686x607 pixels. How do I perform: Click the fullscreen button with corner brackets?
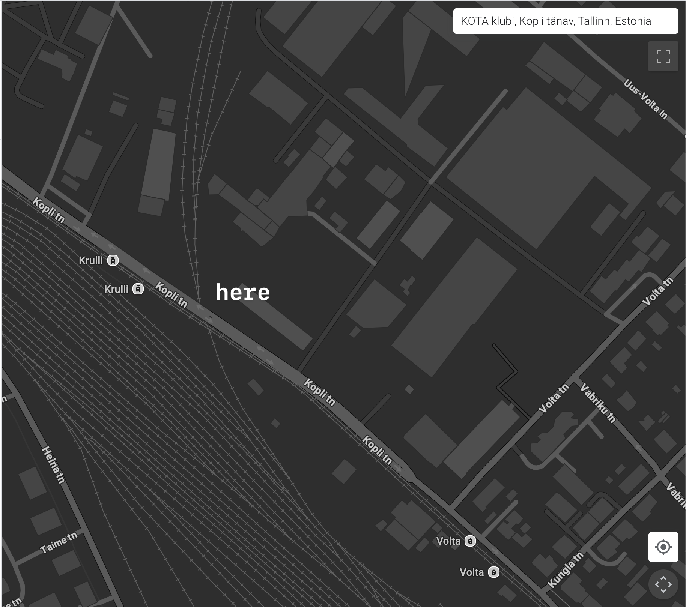click(x=663, y=56)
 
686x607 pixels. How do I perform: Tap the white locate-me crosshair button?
click(x=663, y=547)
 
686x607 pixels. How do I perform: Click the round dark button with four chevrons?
click(x=663, y=584)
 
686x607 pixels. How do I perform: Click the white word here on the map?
click(x=242, y=293)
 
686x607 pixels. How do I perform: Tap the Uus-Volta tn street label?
click(x=645, y=99)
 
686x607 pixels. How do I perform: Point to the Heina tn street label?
click(x=53, y=464)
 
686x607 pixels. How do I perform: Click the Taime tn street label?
click(x=59, y=542)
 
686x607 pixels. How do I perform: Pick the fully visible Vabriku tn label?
click(x=598, y=403)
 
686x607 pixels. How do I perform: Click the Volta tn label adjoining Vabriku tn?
click(x=554, y=398)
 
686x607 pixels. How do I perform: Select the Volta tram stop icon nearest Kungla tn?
click(x=493, y=572)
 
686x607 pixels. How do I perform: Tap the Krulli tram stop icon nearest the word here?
click(x=138, y=289)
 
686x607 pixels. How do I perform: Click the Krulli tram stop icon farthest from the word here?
click(x=113, y=260)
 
